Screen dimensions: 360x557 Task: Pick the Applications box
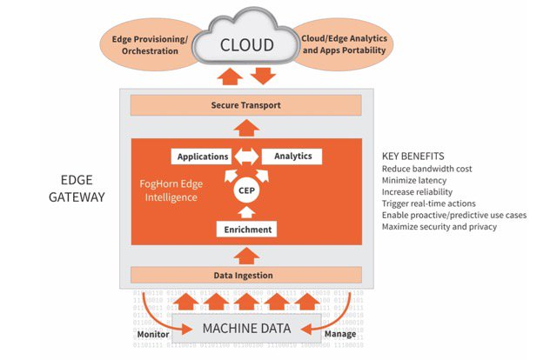201,157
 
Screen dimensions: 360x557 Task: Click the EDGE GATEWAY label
83,189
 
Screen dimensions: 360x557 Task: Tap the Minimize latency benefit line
419,180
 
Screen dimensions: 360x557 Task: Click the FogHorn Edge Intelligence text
179,190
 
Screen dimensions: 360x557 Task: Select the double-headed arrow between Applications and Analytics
246,157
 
